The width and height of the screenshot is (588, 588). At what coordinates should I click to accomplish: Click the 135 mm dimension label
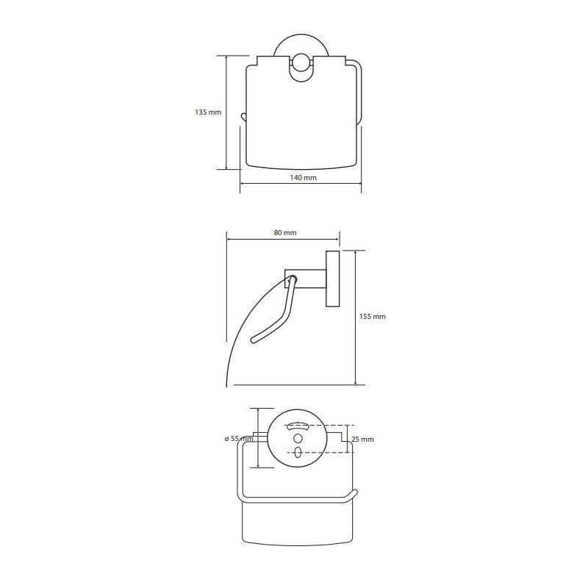208,112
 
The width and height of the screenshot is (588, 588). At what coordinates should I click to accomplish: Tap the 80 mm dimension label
285,232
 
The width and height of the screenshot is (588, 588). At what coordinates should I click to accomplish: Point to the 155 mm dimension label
373,316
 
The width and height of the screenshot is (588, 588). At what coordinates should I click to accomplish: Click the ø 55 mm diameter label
239,439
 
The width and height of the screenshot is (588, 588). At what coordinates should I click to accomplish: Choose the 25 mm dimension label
362,439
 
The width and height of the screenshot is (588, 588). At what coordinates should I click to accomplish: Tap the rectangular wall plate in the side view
333,279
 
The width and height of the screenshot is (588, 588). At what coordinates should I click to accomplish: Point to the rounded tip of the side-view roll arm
253,340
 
